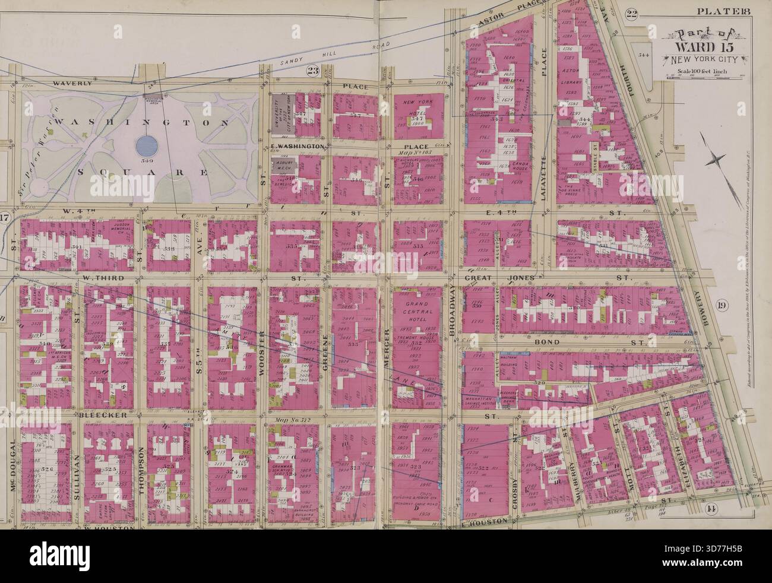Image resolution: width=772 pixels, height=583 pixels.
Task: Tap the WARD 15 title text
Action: [701, 47]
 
